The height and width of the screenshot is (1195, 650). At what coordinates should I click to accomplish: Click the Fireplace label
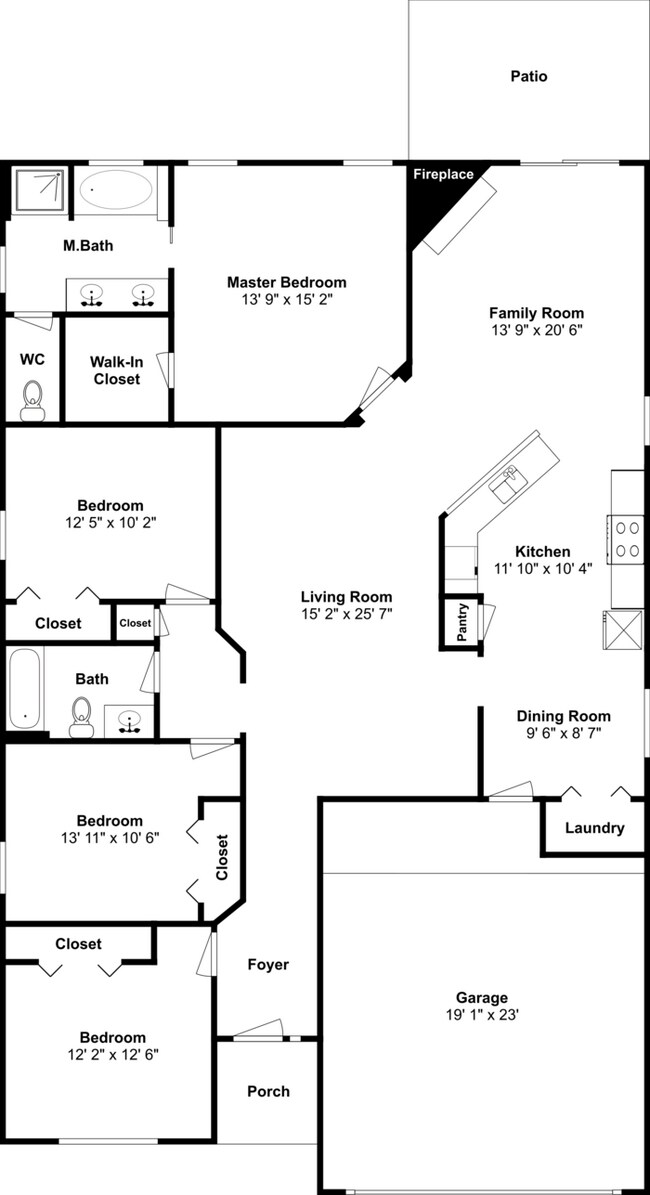coord(443,175)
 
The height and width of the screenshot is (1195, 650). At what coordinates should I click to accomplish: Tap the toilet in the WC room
coord(33,398)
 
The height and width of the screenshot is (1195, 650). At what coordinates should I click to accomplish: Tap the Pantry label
coord(462,622)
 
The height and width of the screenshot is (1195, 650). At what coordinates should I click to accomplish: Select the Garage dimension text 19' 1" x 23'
coord(482,1015)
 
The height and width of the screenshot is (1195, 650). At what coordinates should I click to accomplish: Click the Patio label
coord(529,76)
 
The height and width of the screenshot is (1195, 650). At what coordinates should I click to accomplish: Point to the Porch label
coord(268,1091)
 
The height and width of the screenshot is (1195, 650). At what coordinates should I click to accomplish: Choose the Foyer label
coord(268,965)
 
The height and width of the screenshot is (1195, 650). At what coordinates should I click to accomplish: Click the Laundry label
coord(594,828)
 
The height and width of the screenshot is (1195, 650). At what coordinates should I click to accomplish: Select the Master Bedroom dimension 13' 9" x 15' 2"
coord(286,300)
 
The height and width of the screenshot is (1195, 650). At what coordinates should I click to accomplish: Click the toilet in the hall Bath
coord(81,716)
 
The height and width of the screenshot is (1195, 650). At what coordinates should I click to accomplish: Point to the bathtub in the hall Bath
coord(24,690)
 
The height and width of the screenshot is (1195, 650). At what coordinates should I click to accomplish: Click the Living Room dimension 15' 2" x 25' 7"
coord(347,614)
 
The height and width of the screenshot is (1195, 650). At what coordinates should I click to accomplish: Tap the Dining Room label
coord(563,716)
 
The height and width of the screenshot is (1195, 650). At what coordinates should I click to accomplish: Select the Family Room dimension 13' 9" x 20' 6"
coord(536,330)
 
